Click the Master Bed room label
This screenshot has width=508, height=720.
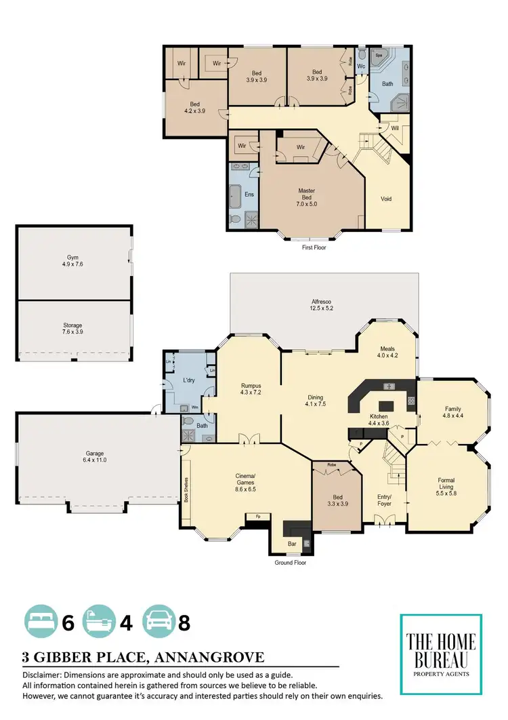(x=307, y=196)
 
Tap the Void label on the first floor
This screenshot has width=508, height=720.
(x=386, y=199)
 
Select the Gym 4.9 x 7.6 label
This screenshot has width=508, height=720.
(x=73, y=262)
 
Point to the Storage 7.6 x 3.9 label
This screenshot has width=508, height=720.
(x=73, y=329)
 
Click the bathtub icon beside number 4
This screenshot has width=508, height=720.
(x=100, y=622)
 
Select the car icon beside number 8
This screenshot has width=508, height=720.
(x=158, y=622)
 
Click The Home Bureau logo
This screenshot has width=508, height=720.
(x=441, y=654)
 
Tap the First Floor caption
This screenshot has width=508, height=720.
(x=316, y=248)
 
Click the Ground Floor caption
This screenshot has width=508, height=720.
(x=292, y=563)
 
